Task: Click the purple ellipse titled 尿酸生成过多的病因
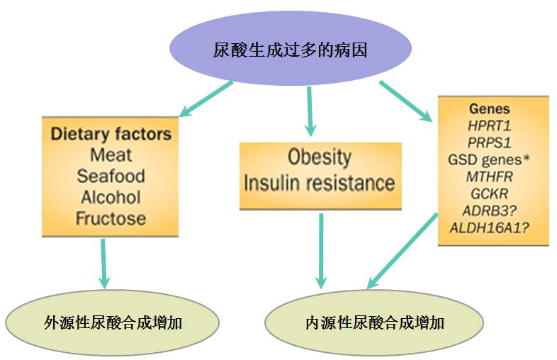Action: click(x=291, y=50)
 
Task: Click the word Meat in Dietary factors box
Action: click(x=110, y=154)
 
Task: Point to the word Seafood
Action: click(x=110, y=175)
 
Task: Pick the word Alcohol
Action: click(x=110, y=196)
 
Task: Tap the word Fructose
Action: click(x=110, y=218)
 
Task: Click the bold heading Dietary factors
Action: click(x=111, y=133)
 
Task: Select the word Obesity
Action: click(x=320, y=157)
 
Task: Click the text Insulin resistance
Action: click(x=320, y=183)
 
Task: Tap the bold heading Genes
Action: click(x=489, y=109)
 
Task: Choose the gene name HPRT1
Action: click(x=489, y=125)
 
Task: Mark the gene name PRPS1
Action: click(x=489, y=142)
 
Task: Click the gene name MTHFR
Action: click(x=489, y=176)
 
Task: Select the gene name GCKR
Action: click(x=489, y=193)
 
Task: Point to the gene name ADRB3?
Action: click(x=489, y=210)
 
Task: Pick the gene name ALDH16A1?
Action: click(x=489, y=227)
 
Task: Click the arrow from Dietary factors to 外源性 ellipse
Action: click(x=104, y=262)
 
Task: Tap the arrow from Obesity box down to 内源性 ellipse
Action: click(x=321, y=248)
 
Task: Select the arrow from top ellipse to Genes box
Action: click(x=405, y=101)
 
